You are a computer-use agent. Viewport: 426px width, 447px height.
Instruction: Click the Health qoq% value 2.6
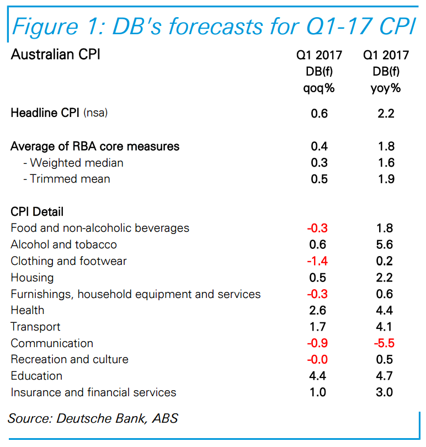[x=319, y=310]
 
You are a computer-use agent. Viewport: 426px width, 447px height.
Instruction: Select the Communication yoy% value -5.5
[x=385, y=343]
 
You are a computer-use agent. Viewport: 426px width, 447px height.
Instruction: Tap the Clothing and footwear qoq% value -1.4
[x=317, y=261]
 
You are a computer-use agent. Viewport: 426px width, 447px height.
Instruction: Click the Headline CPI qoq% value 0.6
[x=319, y=113]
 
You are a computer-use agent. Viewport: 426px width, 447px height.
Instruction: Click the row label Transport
[x=35, y=327]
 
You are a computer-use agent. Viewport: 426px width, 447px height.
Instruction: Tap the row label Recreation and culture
[x=70, y=359]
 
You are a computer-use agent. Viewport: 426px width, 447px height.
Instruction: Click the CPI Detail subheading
[x=37, y=211]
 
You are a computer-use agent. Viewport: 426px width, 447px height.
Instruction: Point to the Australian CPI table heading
[x=56, y=55]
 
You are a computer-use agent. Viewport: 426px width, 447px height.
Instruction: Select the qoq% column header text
[x=319, y=88]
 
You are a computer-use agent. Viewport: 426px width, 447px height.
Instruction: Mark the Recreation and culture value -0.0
[x=317, y=359]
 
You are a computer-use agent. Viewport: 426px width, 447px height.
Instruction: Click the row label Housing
[x=32, y=278]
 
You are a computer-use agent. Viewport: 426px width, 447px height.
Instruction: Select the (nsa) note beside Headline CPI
[x=95, y=114]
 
